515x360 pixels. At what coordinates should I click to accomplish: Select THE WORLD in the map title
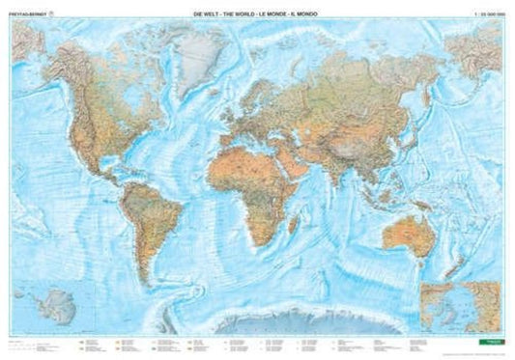242,10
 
